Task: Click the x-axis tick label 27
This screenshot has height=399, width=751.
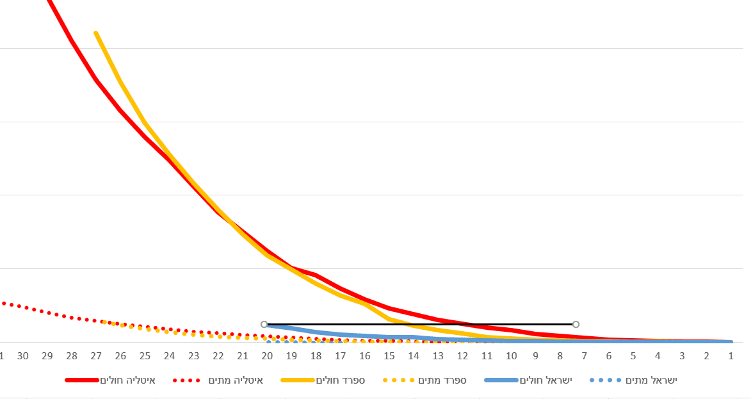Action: [x=96, y=356]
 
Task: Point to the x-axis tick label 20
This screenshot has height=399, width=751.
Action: [x=267, y=356]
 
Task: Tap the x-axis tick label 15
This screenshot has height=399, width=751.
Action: [x=389, y=356]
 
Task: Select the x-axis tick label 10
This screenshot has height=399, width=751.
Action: [x=511, y=356]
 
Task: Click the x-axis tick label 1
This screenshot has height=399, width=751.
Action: [x=731, y=356]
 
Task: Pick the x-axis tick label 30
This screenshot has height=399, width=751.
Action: [x=23, y=356]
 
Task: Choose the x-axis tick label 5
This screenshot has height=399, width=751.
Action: [x=633, y=356]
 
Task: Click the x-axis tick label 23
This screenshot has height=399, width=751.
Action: [x=194, y=356]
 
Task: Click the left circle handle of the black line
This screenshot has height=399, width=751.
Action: [x=264, y=325]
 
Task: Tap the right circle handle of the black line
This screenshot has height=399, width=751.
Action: [x=576, y=325]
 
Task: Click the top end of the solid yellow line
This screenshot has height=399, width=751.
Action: [x=95, y=33]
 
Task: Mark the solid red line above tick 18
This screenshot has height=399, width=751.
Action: [x=316, y=275]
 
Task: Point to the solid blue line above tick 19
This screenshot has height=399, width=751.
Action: [x=291, y=329]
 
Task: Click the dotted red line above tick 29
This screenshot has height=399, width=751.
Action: [x=47, y=312]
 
